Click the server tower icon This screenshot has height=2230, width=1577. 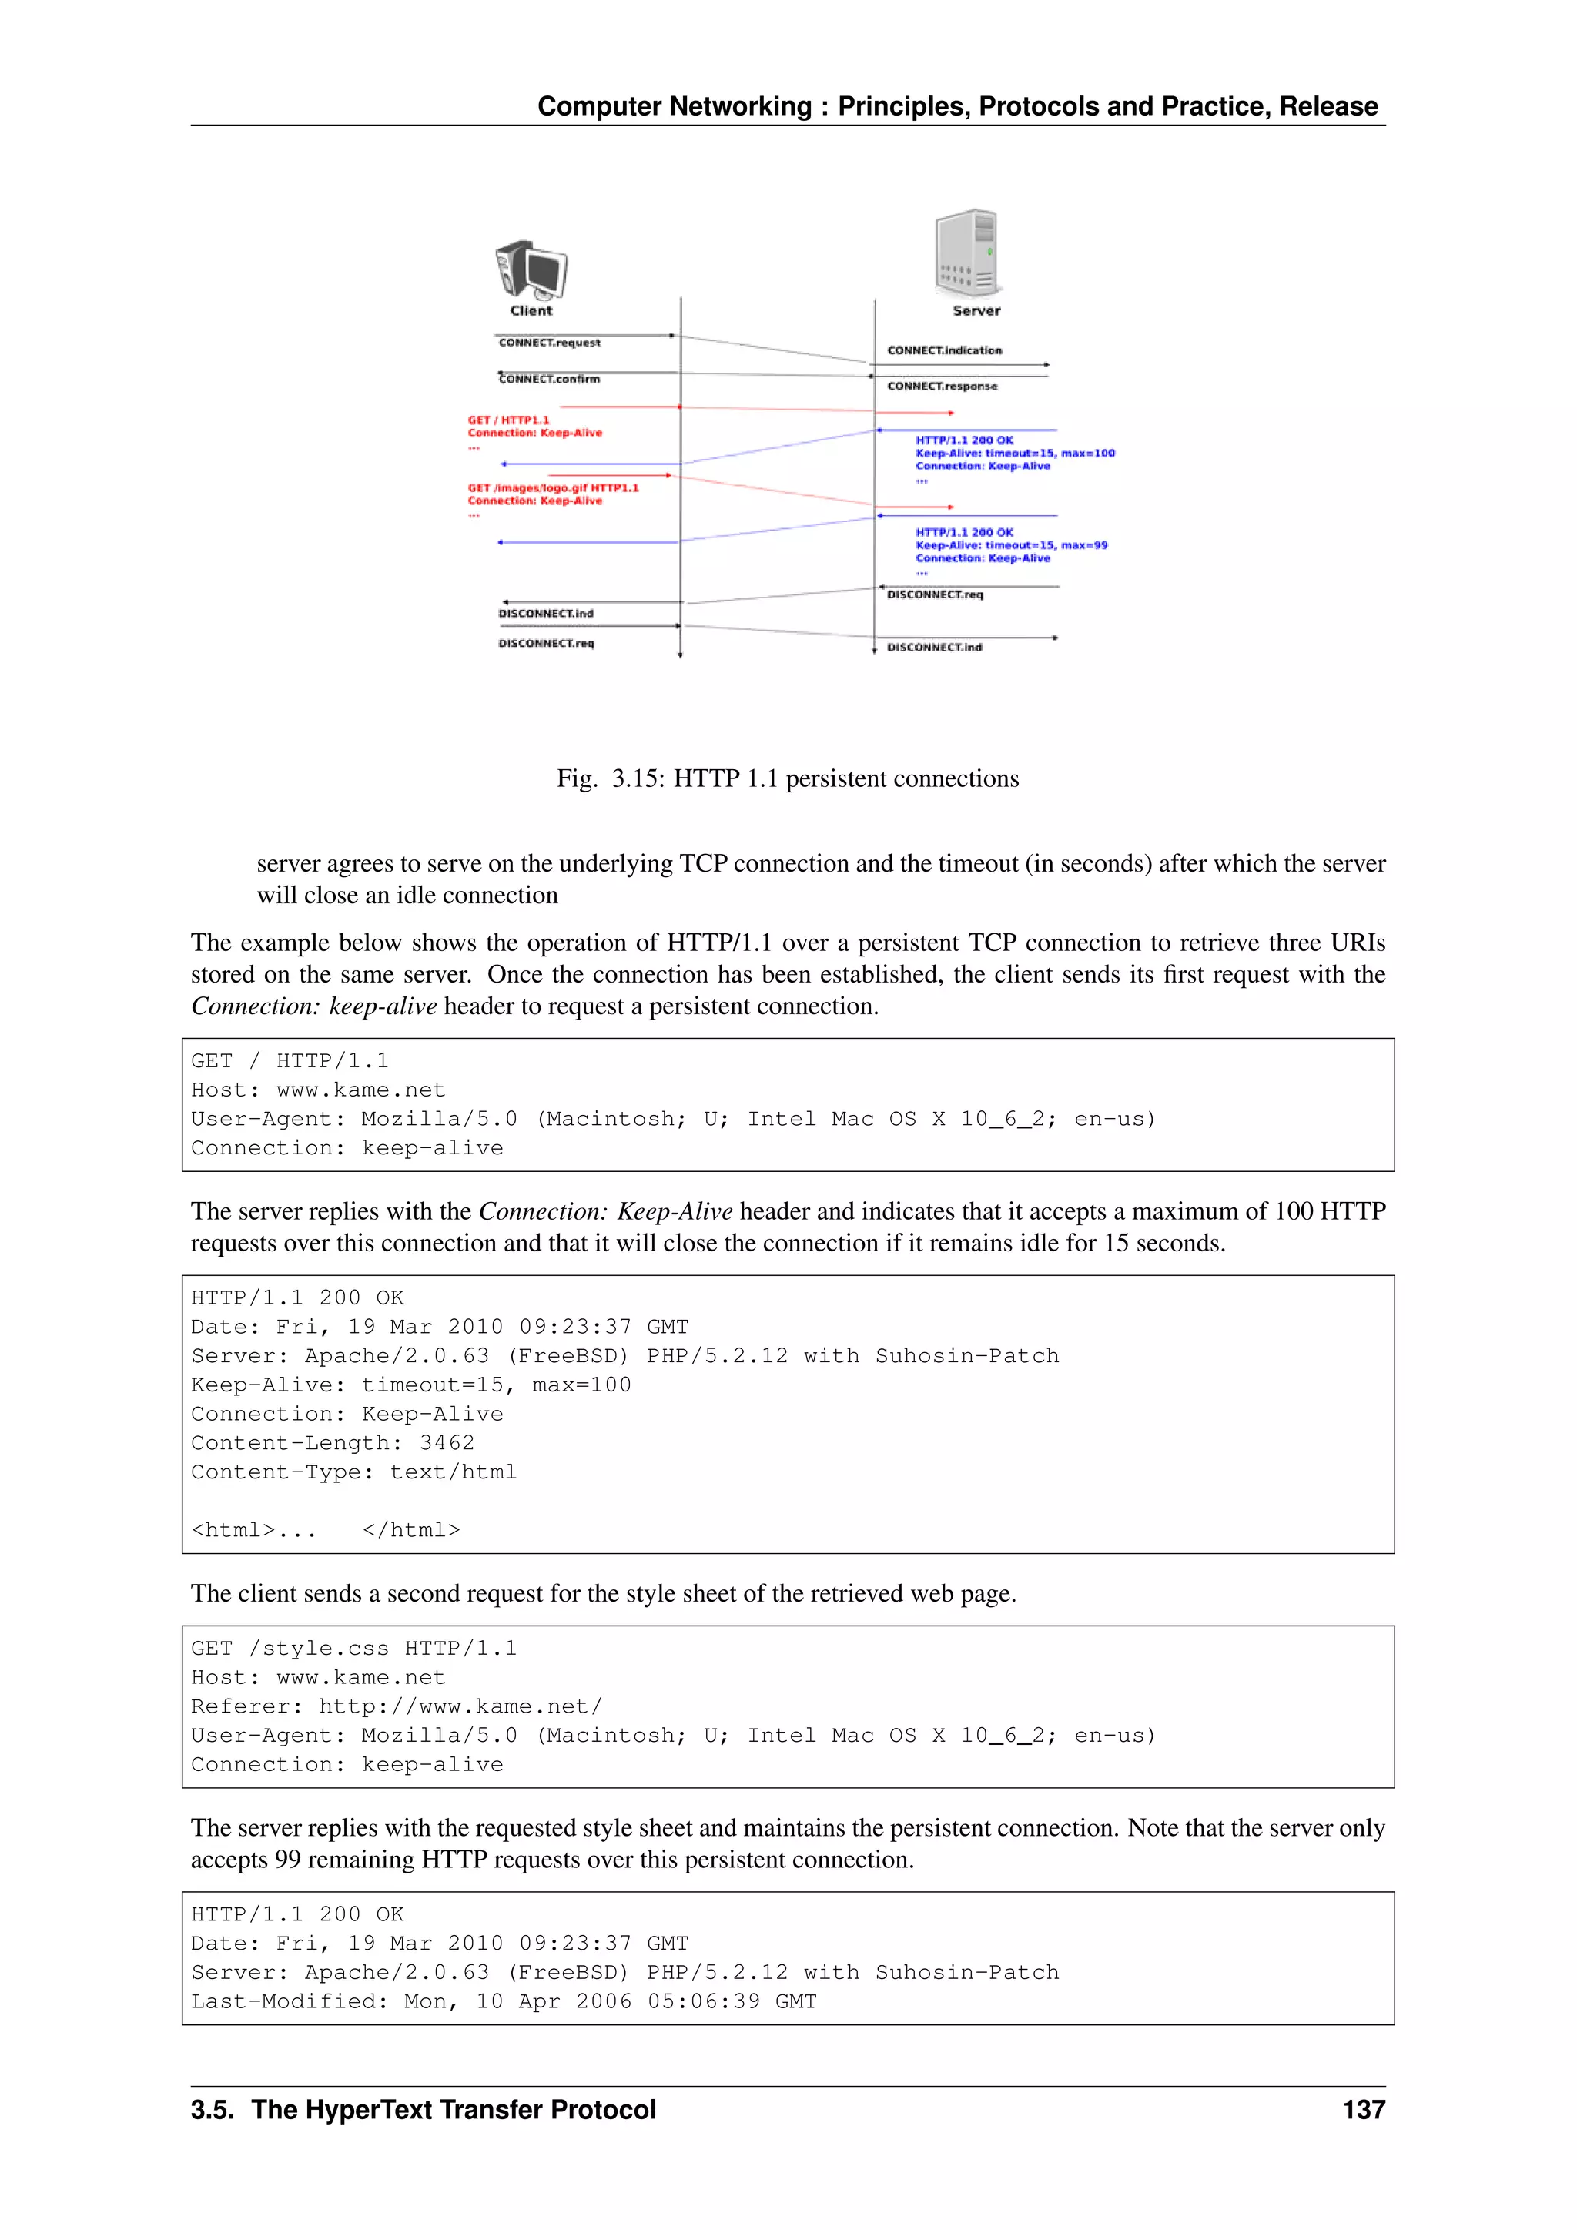click(x=967, y=252)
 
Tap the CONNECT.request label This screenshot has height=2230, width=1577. click(x=549, y=343)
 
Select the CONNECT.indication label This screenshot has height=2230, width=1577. click(x=944, y=350)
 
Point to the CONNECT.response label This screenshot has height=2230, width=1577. click(x=941, y=387)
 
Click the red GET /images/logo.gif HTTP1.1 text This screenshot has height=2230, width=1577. click(x=553, y=487)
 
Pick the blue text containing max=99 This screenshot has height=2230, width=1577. click(x=1011, y=545)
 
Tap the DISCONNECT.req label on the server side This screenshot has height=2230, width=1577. click(x=934, y=594)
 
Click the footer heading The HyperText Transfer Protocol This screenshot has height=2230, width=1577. click(x=453, y=2110)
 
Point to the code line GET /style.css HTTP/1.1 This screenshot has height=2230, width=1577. click(x=353, y=1648)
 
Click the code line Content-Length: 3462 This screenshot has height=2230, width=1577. click(x=332, y=1443)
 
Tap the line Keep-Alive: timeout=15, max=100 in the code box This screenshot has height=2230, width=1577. click(x=410, y=1385)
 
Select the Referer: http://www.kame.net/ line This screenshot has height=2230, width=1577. click(x=397, y=1706)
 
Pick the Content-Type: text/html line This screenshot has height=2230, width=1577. click(x=353, y=1472)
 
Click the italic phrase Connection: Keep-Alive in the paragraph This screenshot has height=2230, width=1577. click(x=605, y=1211)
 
